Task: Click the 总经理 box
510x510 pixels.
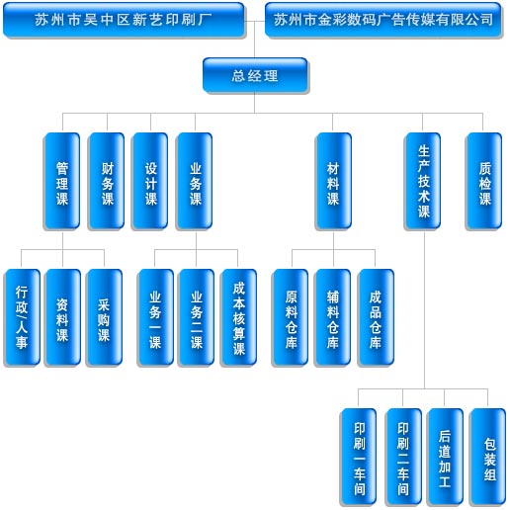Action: (255, 75)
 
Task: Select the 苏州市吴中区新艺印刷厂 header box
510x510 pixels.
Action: (124, 20)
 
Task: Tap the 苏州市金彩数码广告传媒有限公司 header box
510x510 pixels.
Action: (383, 20)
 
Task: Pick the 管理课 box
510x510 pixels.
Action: (62, 181)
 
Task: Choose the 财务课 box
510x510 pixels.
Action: (107, 181)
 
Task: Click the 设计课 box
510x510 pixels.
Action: (150, 181)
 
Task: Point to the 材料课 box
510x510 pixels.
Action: (333, 181)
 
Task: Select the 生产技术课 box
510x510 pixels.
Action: (423, 181)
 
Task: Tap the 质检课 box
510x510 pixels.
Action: (483, 181)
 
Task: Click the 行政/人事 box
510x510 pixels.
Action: (22, 317)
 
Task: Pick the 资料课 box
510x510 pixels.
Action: (62, 317)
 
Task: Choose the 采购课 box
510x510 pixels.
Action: (104, 317)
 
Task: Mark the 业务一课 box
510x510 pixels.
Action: (155, 317)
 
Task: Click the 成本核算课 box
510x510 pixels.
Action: (238, 317)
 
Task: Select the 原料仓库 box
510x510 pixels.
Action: (291, 317)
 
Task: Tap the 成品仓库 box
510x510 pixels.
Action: (376, 317)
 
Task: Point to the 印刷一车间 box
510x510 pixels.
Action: (359, 457)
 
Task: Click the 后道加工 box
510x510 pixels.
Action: (445, 457)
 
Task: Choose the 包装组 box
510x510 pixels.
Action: (488, 457)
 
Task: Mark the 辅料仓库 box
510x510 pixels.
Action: (333, 317)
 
